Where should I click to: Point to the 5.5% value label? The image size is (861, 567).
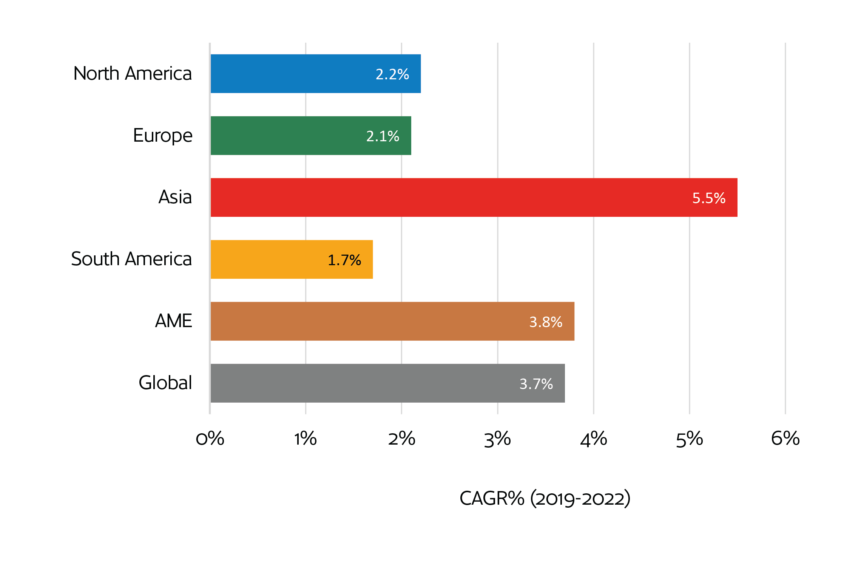pyautogui.click(x=709, y=198)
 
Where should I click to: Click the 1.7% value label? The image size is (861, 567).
pyautogui.click(x=344, y=260)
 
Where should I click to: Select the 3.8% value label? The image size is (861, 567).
pyautogui.click(x=546, y=322)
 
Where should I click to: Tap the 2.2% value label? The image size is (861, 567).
pyautogui.click(x=392, y=74)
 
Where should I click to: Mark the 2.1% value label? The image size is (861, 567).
pyautogui.click(x=383, y=136)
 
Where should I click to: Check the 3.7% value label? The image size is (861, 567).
pyautogui.click(x=536, y=384)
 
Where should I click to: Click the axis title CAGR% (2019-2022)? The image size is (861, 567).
pyautogui.click(x=545, y=498)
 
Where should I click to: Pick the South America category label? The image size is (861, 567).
pyautogui.click(x=131, y=259)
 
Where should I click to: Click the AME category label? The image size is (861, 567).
pyautogui.click(x=173, y=321)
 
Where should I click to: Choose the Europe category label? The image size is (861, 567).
pyautogui.click(x=162, y=136)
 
